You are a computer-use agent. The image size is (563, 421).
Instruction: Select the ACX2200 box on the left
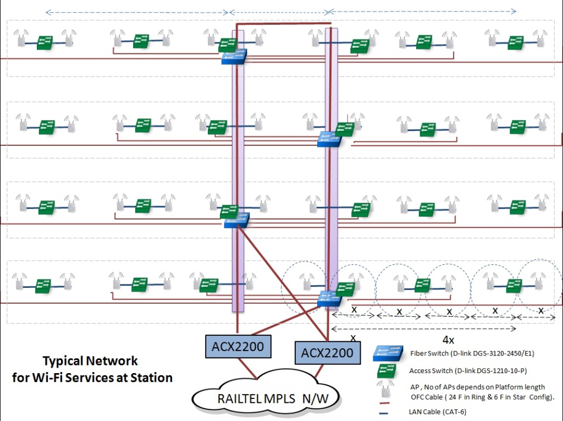coord(238,346)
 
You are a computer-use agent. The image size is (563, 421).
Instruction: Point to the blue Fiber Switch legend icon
coord(386,353)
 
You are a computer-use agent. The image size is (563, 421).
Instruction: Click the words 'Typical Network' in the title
coord(90,361)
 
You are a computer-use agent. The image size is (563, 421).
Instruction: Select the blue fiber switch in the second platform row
coord(329,139)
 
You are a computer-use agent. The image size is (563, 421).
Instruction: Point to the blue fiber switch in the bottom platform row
coord(329,299)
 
